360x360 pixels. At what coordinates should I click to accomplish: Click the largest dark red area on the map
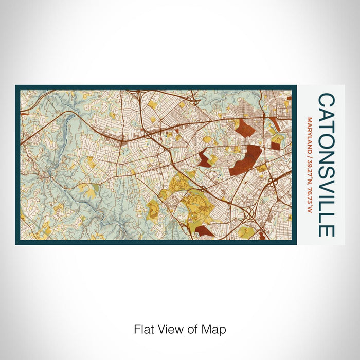coord(245,159)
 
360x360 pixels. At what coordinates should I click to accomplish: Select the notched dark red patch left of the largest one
coord(205,158)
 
